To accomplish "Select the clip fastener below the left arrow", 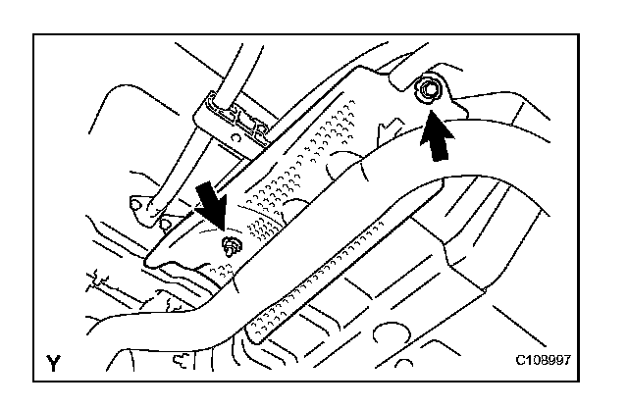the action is [x=233, y=246].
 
